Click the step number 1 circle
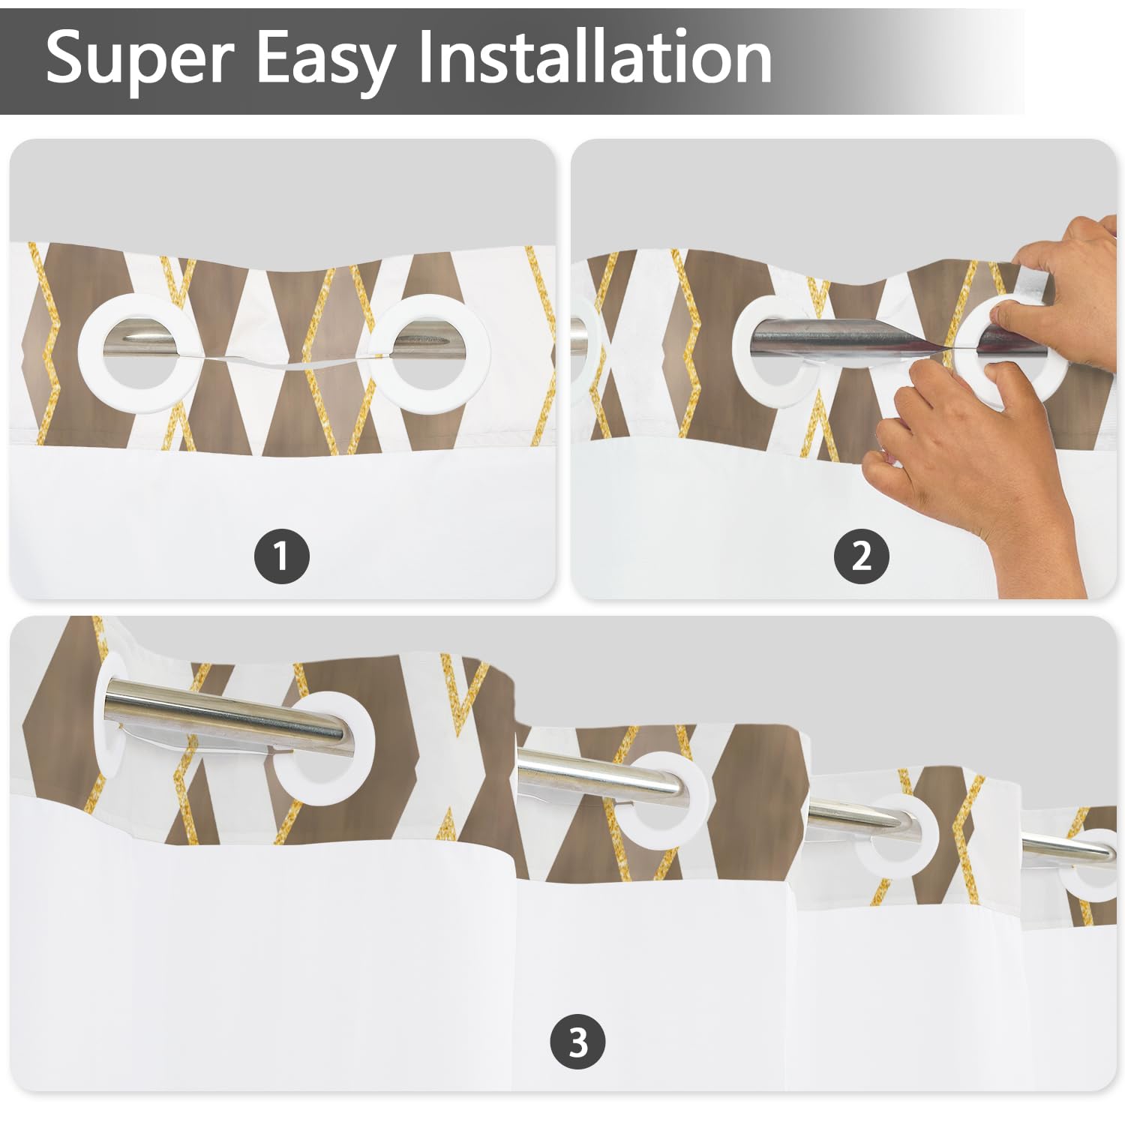click(282, 556)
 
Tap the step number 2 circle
click(862, 556)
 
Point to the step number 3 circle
click(578, 1042)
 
